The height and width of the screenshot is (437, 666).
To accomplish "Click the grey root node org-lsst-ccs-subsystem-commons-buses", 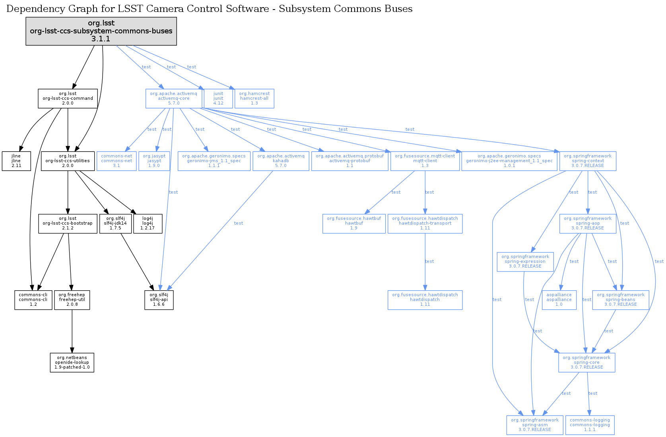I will [x=101, y=31].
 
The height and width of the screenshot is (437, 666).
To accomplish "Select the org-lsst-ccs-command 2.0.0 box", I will [x=68, y=98].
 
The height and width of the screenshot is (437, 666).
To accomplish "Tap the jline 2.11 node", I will [x=16, y=161].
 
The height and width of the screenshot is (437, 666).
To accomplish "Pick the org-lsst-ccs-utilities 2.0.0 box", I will [x=68, y=161].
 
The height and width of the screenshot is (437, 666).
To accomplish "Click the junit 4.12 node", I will [x=218, y=98].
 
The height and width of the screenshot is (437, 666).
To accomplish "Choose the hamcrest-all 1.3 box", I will [x=254, y=98].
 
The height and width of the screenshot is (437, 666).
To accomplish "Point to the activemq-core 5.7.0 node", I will [x=173, y=98].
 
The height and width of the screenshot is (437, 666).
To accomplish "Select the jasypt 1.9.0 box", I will [x=154, y=161].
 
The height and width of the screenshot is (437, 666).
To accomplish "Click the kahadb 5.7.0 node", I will [x=281, y=161].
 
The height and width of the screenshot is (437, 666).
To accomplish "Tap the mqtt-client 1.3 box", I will [x=425, y=161].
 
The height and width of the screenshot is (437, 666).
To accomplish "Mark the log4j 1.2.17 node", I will [x=148, y=223].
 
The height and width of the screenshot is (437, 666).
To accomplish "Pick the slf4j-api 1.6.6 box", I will [x=159, y=300].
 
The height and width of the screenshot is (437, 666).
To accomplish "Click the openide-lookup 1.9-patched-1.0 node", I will [x=72, y=363].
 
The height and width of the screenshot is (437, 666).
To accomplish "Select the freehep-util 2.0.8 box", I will [x=72, y=300].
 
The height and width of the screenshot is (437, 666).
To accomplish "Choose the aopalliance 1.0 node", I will [x=559, y=300].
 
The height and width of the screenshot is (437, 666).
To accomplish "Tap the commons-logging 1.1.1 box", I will [x=590, y=425].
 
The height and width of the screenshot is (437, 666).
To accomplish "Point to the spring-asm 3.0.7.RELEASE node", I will [x=535, y=425].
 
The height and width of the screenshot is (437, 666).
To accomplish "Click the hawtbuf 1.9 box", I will [x=354, y=223].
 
